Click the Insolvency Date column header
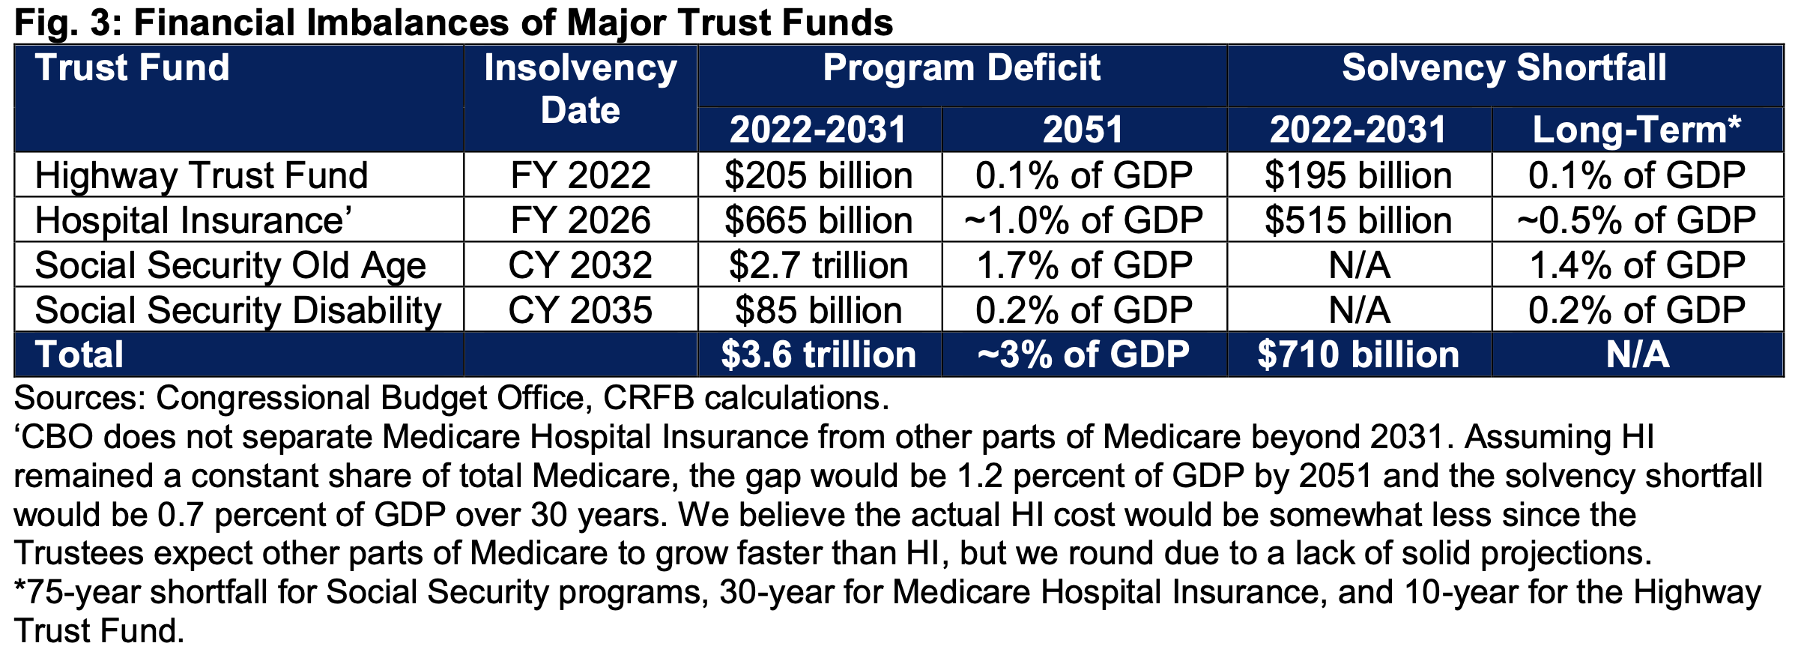coord(580,89)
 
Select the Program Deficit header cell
coord(961,68)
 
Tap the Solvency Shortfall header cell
coord(1504,68)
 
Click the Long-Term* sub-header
coord(1636,130)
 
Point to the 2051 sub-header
coord(1083,130)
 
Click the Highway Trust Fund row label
coord(202,175)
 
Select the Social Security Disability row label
coord(237,310)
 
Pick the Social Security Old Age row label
coord(230,265)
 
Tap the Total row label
coord(79,354)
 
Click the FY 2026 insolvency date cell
coord(580,220)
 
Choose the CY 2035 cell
coord(580,310)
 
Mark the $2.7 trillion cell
coord(818,265)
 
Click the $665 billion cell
coord(818,220)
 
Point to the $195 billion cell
coord(1357,175)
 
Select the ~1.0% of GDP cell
coord(1083,220)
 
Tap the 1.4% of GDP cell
coord(1636,265)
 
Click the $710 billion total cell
coord(1357,354)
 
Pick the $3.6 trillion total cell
coord(818,354)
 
